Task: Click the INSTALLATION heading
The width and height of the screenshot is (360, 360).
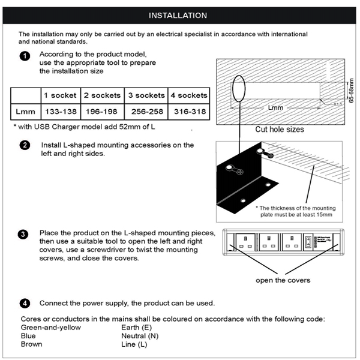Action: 178,15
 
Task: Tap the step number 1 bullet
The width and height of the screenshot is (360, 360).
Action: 25,56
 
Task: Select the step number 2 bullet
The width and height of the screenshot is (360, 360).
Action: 25,145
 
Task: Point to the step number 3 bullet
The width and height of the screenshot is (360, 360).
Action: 25,235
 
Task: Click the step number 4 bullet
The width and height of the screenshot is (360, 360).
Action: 25,302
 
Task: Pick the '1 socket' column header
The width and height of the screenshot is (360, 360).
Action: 60,95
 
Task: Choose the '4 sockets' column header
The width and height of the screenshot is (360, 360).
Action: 188,95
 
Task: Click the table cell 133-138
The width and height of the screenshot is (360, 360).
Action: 60,112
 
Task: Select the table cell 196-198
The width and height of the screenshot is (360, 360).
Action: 101,112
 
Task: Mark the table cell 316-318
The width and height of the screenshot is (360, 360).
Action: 188,112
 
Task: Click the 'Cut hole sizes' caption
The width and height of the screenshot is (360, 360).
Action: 279,129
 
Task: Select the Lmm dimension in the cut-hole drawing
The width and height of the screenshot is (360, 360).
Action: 276,108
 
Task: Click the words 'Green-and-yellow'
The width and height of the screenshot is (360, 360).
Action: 50,328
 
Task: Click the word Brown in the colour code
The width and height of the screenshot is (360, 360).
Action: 32,344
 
